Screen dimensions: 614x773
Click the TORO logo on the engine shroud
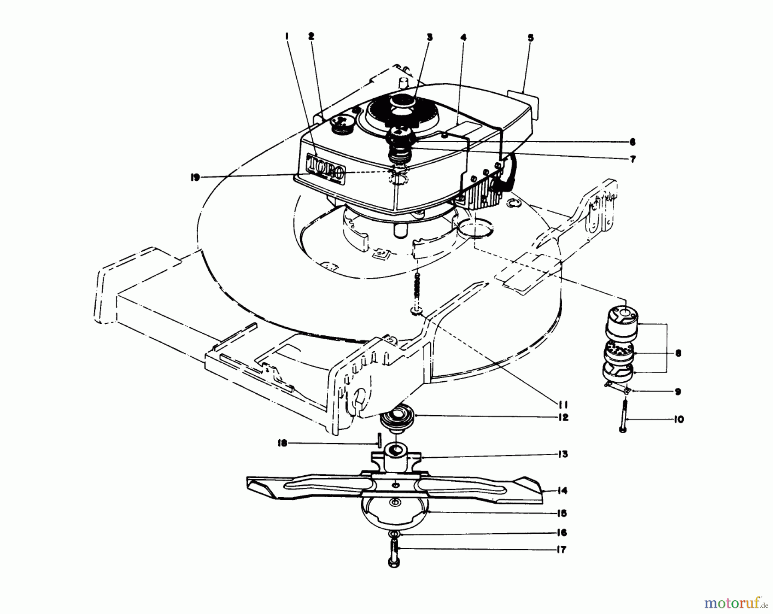(325, 169)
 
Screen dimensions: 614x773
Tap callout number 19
(196, 177)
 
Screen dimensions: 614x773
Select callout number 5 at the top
(531, 38)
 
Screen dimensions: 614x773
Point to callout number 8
(678, 353)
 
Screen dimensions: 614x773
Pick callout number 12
(563, 417)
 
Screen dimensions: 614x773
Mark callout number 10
(678, 419)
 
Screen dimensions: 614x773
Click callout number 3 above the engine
(429, 37)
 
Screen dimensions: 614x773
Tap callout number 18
(282, 443)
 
